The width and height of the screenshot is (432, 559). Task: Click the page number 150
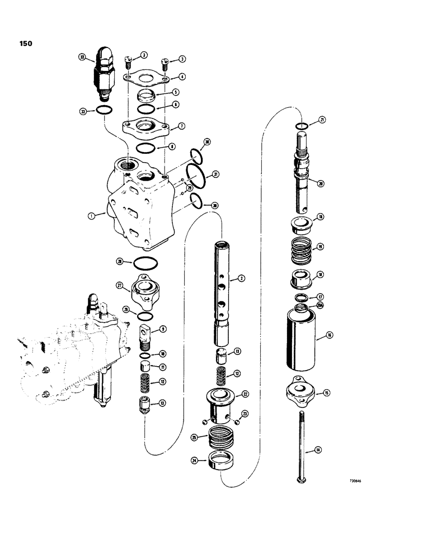(x=25, y=42)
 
